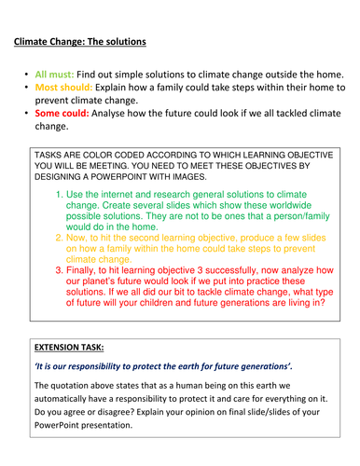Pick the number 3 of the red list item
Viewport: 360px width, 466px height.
(60, 270)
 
